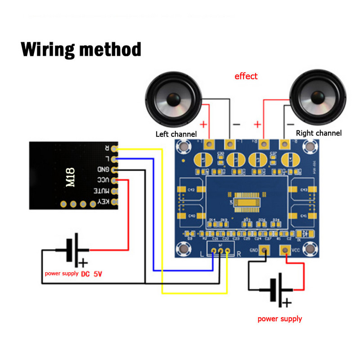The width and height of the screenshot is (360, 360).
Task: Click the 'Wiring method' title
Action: pos(81,49)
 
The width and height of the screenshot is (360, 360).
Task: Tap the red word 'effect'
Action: pos(246,76)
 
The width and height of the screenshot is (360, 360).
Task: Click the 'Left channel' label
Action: pos(176,134)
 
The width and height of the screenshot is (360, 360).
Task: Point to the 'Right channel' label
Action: pos(319,133)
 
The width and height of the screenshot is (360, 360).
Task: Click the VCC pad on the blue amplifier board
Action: pos(285,250)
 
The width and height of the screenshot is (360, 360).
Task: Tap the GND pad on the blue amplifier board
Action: pos(265,250)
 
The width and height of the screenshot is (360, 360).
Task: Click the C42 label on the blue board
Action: pos(191,190)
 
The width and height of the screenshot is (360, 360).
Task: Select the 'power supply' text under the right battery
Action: pos(279,319)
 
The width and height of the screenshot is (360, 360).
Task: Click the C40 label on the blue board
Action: pos(191,216)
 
